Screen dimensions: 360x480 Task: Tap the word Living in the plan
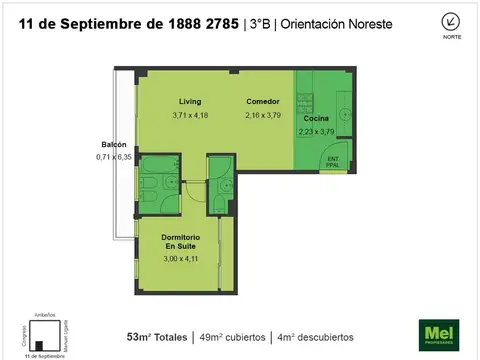click(190, 102)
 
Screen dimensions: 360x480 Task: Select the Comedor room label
click(263, 102)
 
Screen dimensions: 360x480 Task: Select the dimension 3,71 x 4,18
click(190, 115)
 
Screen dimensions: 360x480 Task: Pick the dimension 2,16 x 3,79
click(263, 115)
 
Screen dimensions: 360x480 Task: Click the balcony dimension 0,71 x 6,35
click(113, 156)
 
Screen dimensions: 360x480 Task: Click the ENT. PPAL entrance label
click(333, 161)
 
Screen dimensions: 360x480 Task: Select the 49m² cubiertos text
click(234, 336)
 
